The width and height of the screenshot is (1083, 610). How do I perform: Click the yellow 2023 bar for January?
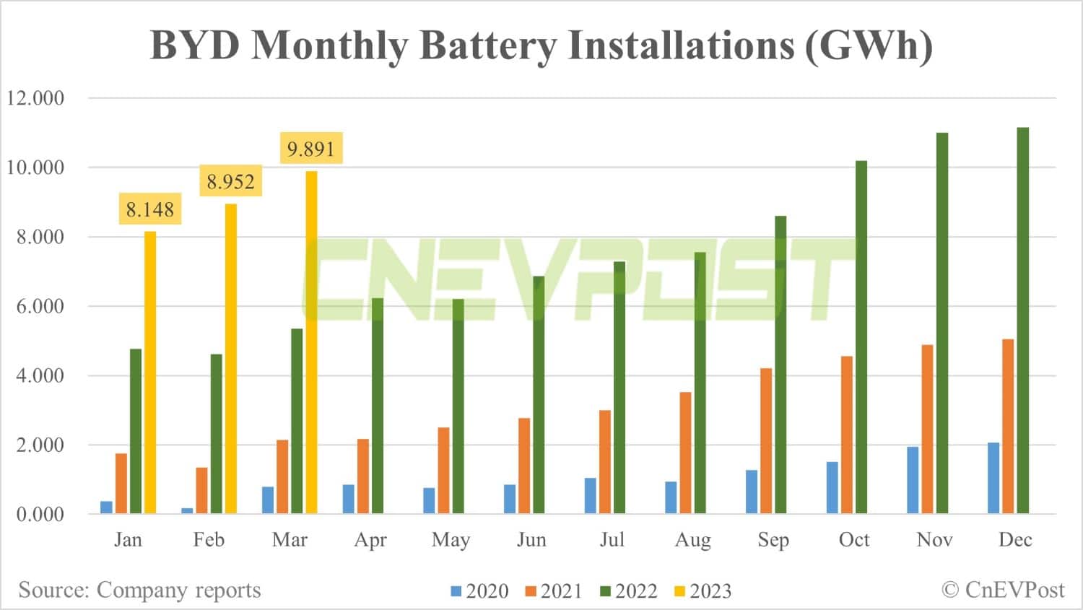pos(150,372)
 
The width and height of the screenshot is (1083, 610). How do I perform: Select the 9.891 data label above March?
pos(311,149)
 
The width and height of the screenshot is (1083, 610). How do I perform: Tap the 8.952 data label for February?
pos(230,181)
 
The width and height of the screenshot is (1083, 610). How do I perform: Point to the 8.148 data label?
pos(150,210)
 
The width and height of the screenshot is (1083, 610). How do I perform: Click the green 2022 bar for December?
pos(1022,321)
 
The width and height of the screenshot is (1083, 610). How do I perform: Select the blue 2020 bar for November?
pos(913,480)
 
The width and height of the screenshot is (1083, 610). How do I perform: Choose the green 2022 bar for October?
pos(861,337)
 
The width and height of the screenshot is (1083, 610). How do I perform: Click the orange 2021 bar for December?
pos(1008,426)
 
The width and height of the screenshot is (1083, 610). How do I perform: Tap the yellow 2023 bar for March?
pos(311,342)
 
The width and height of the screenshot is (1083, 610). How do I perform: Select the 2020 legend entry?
pos(479,591)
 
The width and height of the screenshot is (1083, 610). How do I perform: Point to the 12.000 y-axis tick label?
pos(35,98)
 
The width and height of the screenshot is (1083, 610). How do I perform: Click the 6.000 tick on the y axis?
pos(35,306)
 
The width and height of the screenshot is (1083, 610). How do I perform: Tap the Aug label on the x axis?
pos(692,540)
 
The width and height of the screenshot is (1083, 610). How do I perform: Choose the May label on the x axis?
pos(451,540)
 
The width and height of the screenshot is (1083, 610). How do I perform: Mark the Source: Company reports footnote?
pos(139,590)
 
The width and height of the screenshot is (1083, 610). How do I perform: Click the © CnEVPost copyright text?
pos(1003,590)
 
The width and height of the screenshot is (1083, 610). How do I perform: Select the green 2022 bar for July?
pos(619,388)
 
